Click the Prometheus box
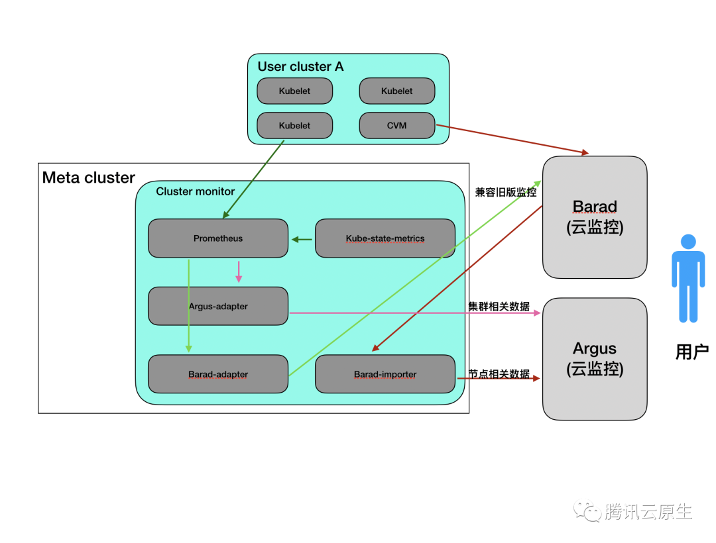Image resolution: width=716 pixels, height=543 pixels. click(218, 238)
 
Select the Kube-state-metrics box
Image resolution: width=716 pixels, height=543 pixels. click(385, 238)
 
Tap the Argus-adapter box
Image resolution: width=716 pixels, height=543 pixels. click(218, 306)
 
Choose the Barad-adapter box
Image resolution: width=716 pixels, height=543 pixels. click(218, 374)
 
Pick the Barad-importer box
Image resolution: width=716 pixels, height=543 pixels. click(385, 374)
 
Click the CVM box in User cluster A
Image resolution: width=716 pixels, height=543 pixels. click(396, 125)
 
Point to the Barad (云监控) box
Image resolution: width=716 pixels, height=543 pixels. click(595, 217)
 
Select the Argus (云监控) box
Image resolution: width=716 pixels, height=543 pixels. click(595, 358)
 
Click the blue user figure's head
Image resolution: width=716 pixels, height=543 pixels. click(688, 242)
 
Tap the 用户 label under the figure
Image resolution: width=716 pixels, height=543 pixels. click(691, 352)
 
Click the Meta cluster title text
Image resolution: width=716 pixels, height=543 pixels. click(88, 177)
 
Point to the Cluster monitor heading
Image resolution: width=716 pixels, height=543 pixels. click(196, 191)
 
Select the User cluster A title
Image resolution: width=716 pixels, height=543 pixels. click(300, 67)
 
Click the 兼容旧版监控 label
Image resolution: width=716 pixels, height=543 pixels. click(505, 192)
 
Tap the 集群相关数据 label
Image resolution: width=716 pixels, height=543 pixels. click(499, 306)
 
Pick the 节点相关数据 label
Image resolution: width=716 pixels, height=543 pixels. click(499, 374)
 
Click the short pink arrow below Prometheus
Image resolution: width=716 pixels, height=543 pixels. click(239, 271)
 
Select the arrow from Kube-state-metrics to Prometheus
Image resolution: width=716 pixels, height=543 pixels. click(302, 239)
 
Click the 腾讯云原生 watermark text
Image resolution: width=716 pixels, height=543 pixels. click(648, 512)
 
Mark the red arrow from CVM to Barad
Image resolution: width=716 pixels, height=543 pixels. click(510, 139)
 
